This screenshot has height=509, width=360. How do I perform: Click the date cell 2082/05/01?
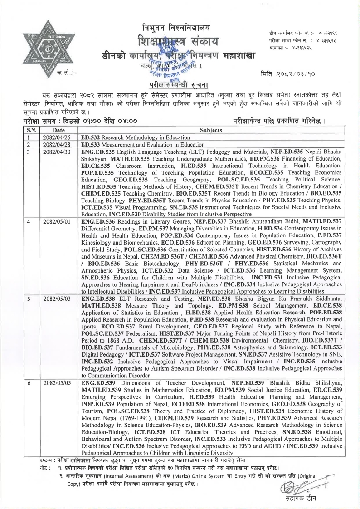pos(53,221)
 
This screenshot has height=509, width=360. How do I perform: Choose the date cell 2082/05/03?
pos(53,300)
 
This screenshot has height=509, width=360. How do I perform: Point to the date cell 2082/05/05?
pos(53,383)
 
